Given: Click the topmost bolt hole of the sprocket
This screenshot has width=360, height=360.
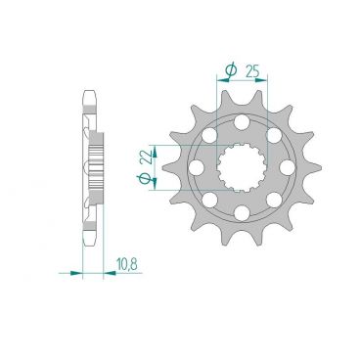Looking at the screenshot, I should (x=241, y=121).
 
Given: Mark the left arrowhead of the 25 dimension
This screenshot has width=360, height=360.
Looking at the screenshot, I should (x=216, y=81).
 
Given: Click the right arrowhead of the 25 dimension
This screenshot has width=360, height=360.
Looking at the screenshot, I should (x=265, y=81).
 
